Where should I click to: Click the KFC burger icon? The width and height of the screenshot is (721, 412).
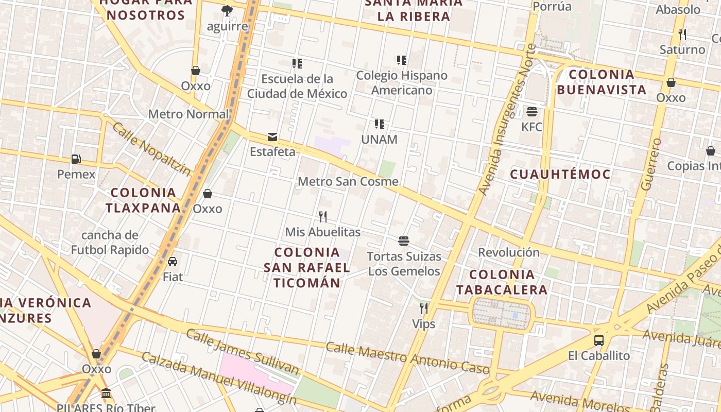coord(532,112)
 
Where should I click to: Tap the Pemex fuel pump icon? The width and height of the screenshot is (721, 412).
coord(76,159)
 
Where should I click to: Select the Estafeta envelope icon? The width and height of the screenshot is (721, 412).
coord(272,137)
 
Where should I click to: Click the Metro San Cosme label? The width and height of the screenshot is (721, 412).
coord(348,181)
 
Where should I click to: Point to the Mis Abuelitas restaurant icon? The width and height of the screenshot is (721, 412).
coord(323,217)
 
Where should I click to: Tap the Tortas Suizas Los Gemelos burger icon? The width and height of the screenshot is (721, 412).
coord(404,241)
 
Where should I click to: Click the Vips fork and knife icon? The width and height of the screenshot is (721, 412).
coord(423,308)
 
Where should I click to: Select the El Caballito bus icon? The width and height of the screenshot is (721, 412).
coord(598,340)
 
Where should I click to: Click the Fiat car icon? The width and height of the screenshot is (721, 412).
coord(173,262)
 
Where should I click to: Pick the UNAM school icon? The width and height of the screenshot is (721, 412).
coord(380,124)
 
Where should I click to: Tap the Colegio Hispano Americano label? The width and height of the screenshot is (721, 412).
coord(402,83)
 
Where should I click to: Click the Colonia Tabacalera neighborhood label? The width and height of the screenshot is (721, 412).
coord(502,282)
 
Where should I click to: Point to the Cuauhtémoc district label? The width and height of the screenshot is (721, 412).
coord(560,174)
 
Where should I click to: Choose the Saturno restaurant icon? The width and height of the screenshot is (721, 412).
coord(682,35)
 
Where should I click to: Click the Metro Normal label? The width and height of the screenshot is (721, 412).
coord(188,114)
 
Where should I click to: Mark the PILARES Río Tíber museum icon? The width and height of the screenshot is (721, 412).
coord(106,393)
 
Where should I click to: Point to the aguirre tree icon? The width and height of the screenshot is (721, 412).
coord(227,11)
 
